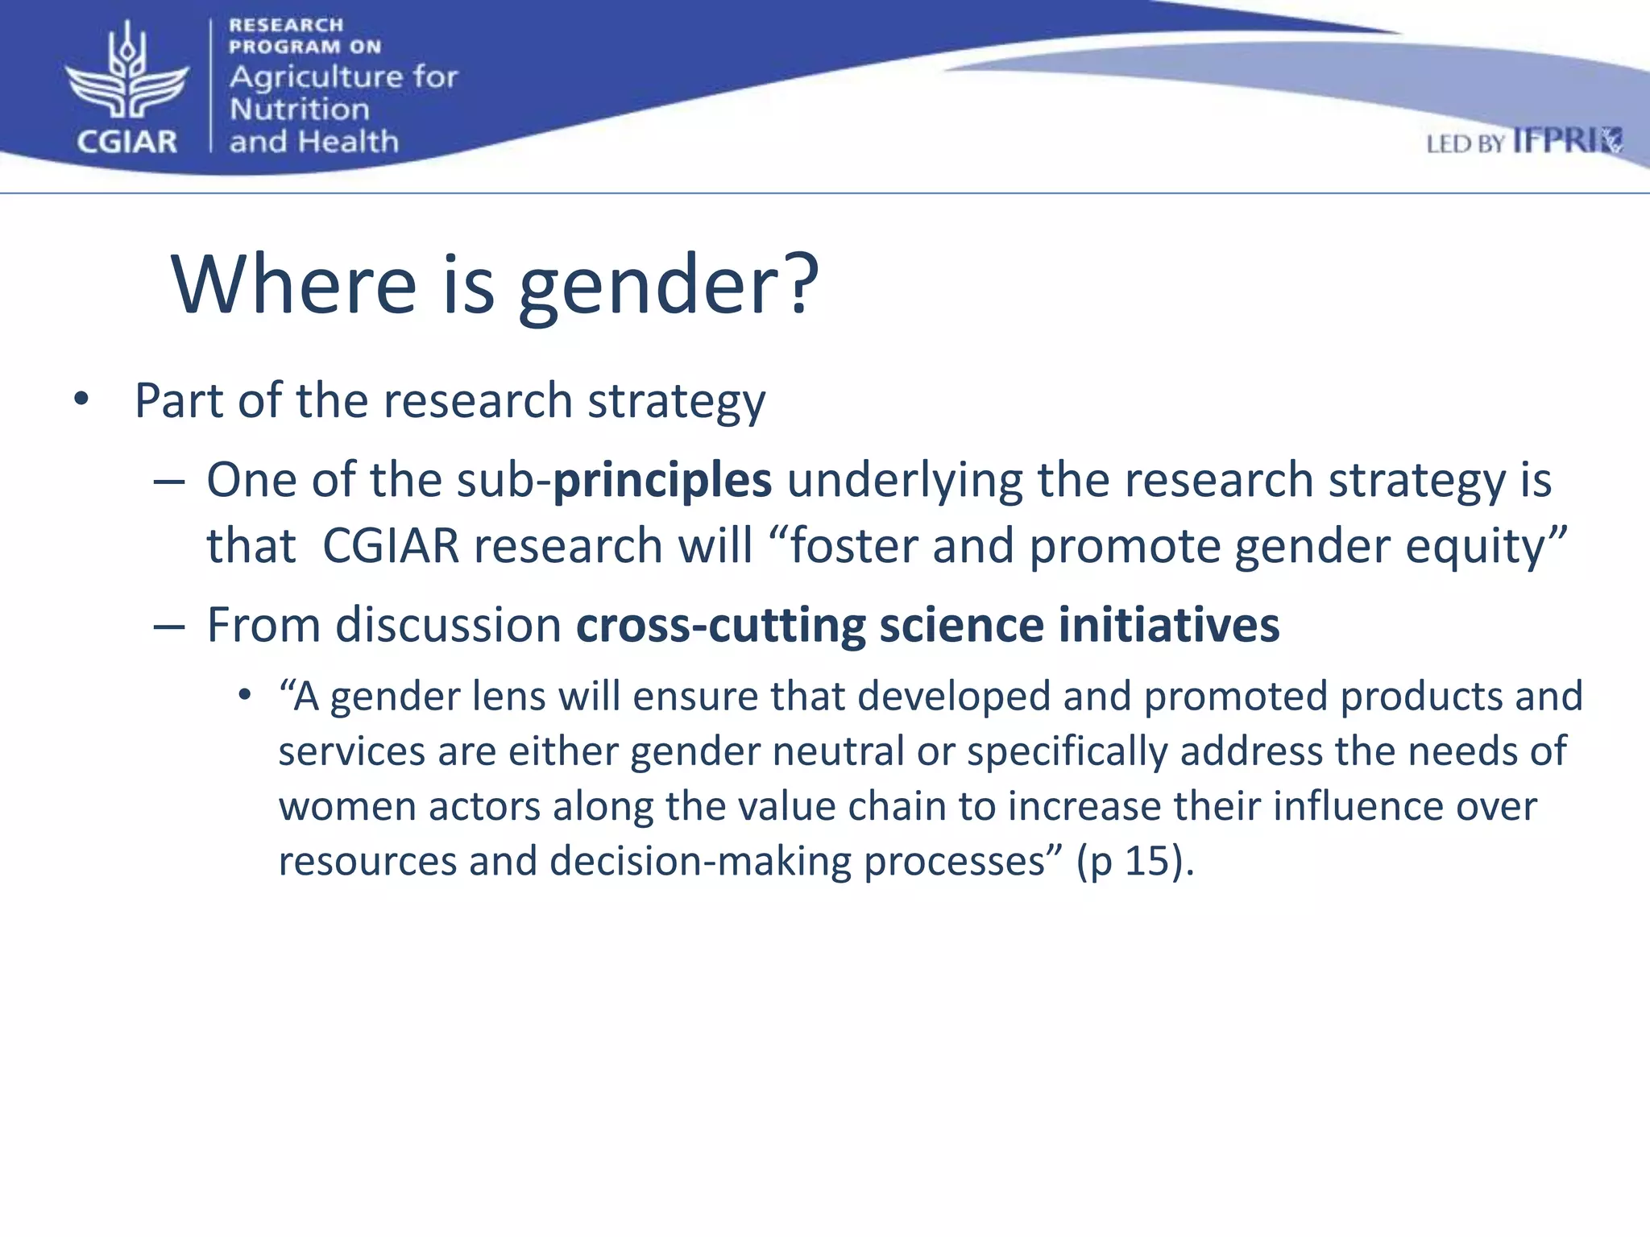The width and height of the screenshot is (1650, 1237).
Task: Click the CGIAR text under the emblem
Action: click(x=126, y=142)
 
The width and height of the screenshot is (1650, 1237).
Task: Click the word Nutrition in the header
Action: click(x=299, y=110)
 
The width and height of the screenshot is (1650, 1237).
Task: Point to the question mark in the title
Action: click(x=802, y=283)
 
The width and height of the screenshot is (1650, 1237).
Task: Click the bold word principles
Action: click(x=662, y=481)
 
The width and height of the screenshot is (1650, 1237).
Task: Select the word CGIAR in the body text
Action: click(x=391, y=546)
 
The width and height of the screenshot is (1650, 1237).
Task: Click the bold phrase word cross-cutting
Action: click(x=720, y=625)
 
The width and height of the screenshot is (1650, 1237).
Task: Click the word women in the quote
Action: click(x=347, y=806)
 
